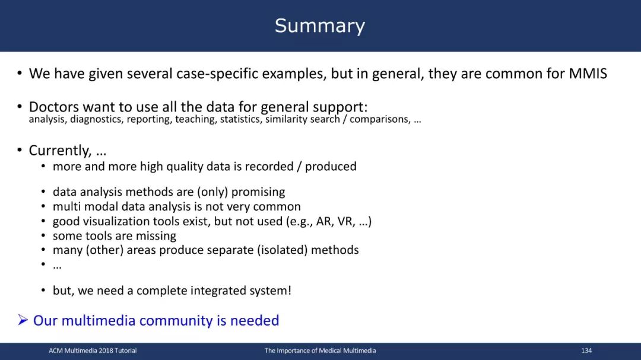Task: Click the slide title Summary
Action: pos(320,26)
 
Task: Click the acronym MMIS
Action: pos(588,74)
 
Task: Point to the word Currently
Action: pos(60,151)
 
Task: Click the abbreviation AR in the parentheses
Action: pos(324,221)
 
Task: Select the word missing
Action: pos(156,236)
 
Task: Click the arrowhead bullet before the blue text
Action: pos(23,320)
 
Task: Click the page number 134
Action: pos(586,351)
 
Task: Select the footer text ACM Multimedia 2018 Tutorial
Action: pos(93,351)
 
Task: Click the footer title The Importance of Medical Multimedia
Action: pos(320,351)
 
